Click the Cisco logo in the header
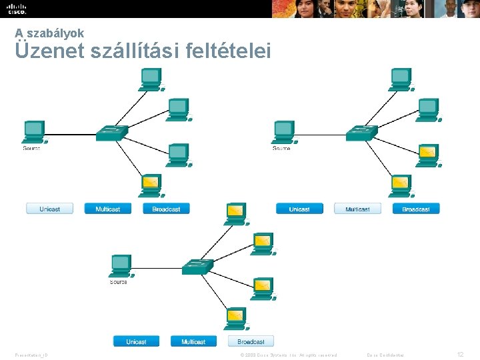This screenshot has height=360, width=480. click(x=17, y=9)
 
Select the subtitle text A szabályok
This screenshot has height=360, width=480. click(x=49, y=33)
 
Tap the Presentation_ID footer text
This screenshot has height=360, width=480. click(x=31, y=355)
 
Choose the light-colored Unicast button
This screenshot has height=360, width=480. click(x=49, y=209)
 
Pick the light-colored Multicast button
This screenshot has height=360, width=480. click(x=357, y=209)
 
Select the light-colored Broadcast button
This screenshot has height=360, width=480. click(x=251, y=341)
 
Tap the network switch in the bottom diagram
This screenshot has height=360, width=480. click(x=198, y=267)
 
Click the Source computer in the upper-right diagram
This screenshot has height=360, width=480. click(x=283, y=131)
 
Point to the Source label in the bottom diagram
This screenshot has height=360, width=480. click(x=118, y=282)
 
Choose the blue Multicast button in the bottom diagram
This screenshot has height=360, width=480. click(x=193, y=341)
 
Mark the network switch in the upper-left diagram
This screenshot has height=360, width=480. click(x=111, y=133)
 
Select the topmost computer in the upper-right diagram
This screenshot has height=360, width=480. click(x=401, y=78)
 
